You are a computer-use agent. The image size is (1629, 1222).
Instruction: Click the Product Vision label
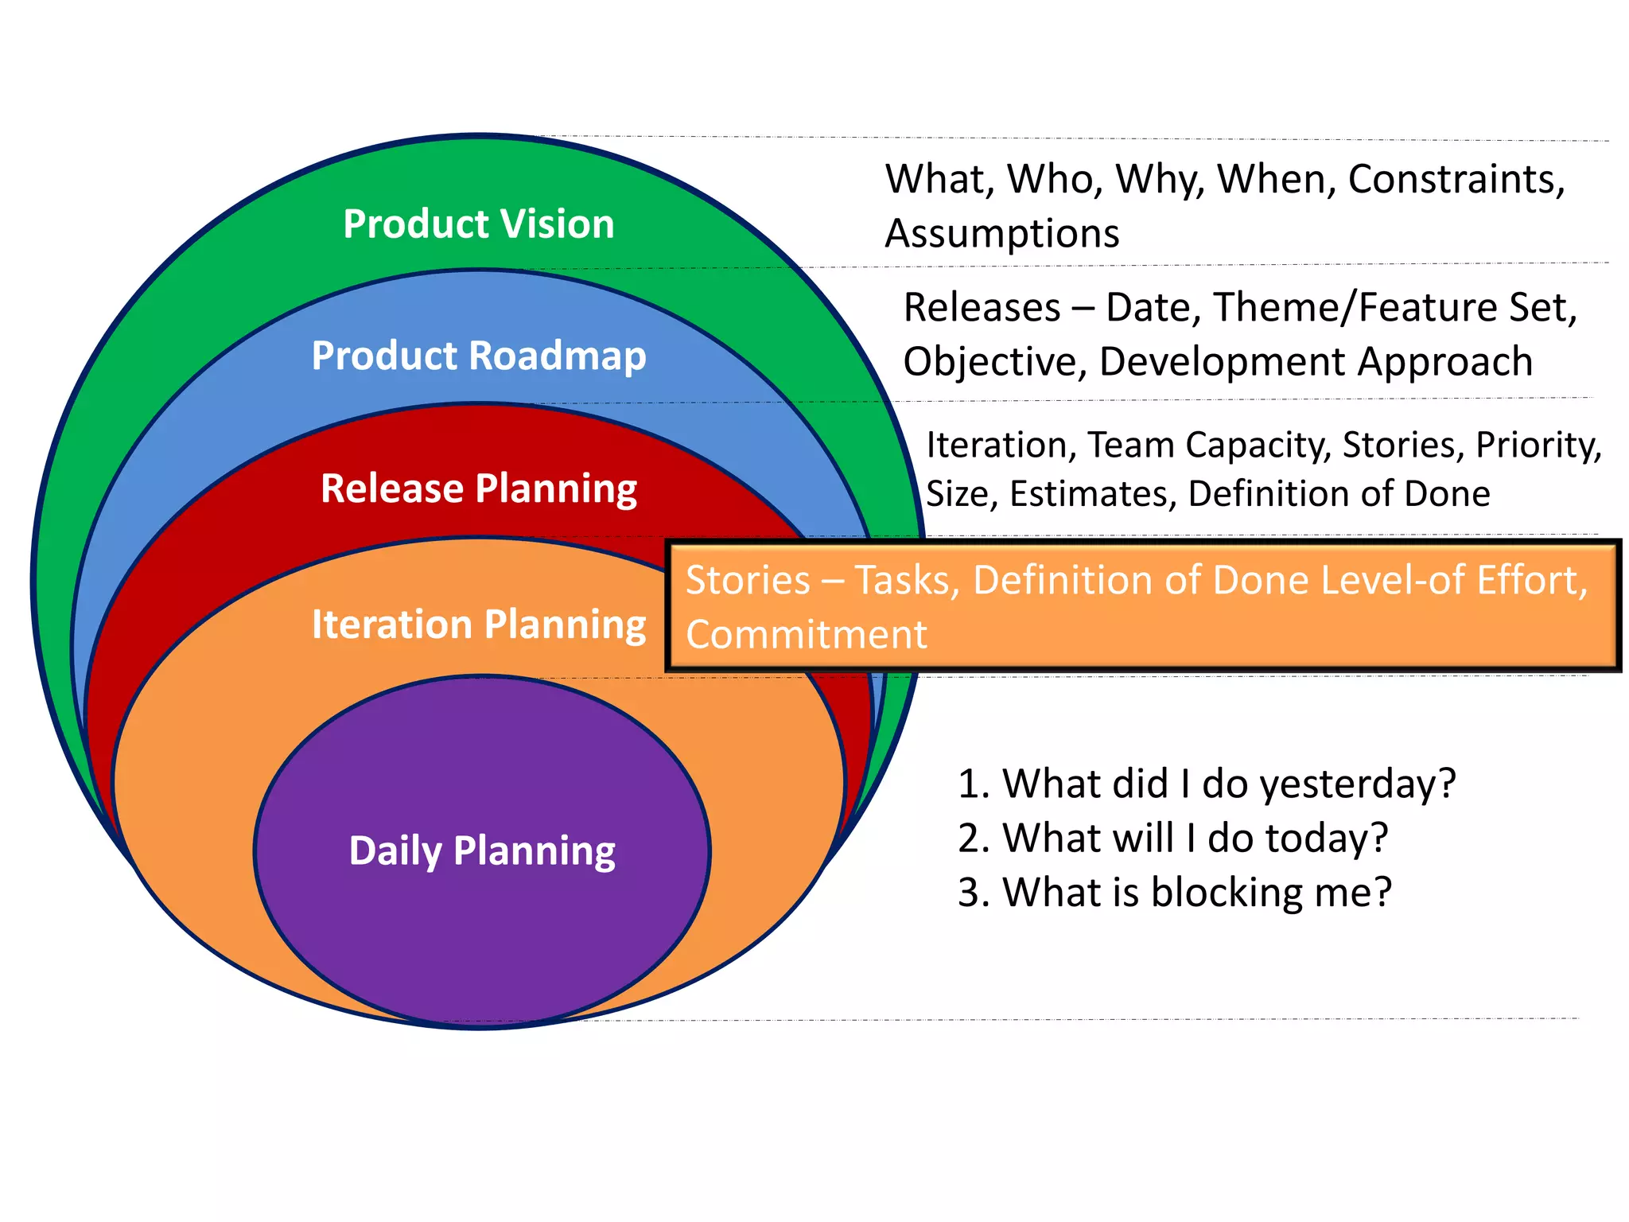[479, 224]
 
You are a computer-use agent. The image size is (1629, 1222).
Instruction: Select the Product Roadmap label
[479, 356]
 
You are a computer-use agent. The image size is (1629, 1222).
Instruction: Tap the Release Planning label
[479, 488]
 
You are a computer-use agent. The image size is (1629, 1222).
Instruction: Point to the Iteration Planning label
[479, 625]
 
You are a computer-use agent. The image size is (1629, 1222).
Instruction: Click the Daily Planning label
[482, 850]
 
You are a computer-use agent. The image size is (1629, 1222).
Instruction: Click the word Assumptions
[1002, 234]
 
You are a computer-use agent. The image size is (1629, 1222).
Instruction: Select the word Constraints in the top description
[1456, 180]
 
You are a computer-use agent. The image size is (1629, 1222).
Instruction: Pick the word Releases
[982, 308]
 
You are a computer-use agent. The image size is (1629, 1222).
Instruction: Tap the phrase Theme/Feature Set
[1394, 308]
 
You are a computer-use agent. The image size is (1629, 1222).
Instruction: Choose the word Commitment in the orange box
[806, 635]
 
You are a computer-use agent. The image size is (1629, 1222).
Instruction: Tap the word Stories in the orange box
[748, 580]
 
